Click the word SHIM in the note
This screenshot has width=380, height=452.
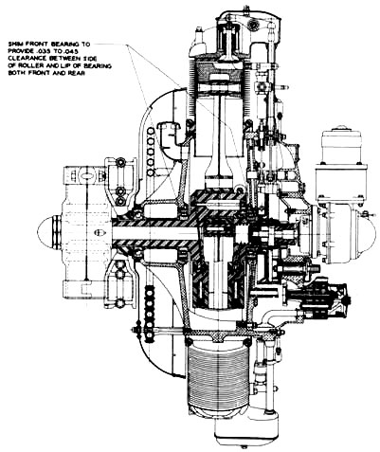click(x=14, y=45)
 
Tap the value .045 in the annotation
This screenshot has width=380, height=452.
click(x=72, y=51)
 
